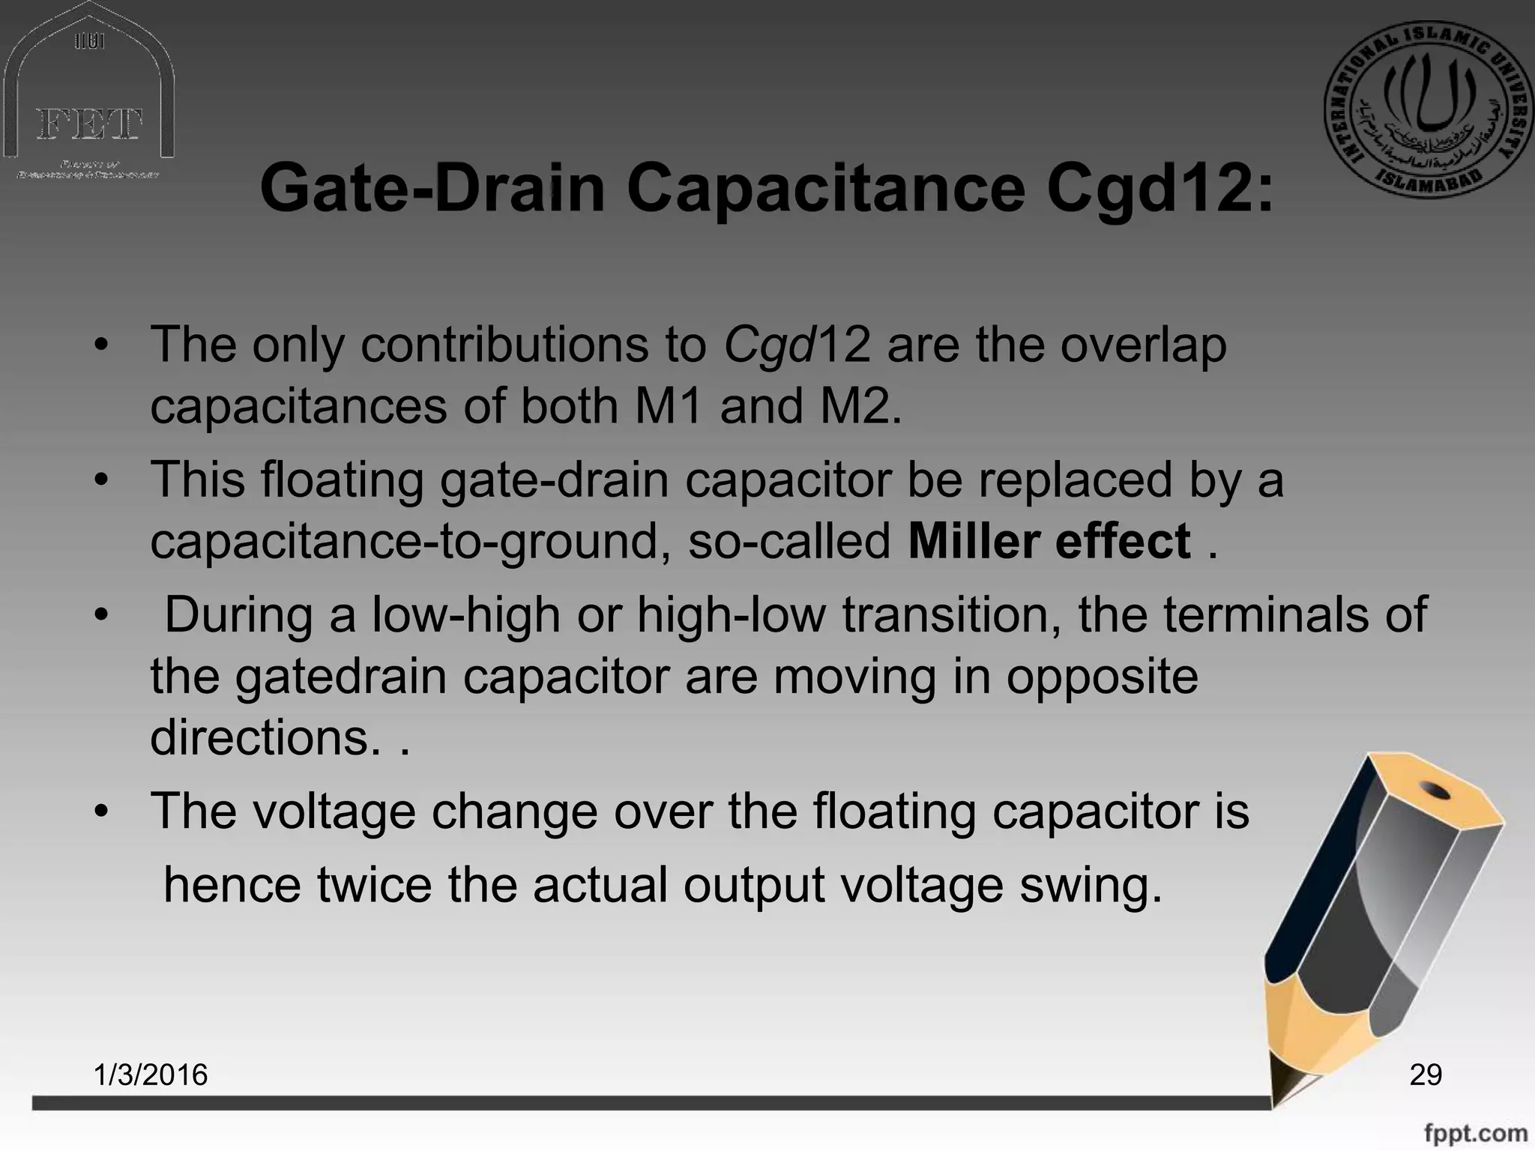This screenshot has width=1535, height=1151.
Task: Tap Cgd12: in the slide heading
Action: pyautogui.click(x=1159, y=189)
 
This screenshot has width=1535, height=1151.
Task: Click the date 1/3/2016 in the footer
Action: pyautogui.click(x=151, y=1075)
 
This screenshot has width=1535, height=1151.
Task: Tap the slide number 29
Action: pyautogui.click(x=1426, y=1075)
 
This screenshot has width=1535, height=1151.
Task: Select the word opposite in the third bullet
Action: pyautogui.click(x=1102, y=677)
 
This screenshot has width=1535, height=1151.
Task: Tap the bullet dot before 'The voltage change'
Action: pyautogui.click(x=103, y=812)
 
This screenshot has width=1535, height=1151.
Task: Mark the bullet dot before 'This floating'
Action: pyautogui.click(x=103, y=480)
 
